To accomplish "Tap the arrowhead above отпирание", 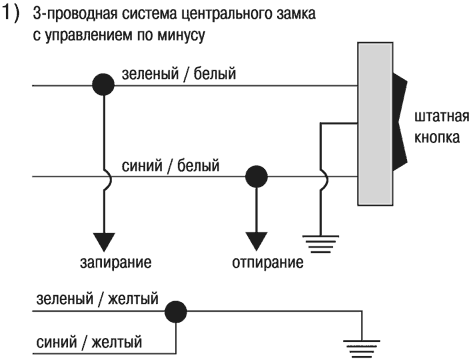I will point(257,240).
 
